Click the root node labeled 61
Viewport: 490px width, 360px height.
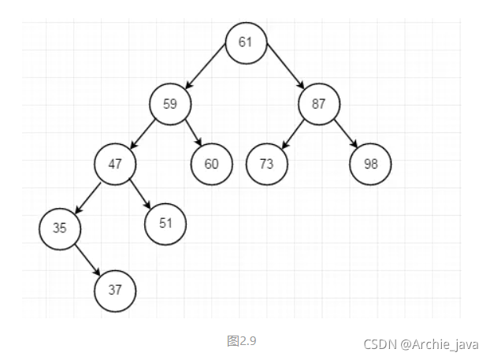coord(245,42)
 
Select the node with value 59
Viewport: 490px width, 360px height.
coord(170,104)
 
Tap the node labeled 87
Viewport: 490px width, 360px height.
coord(318,104)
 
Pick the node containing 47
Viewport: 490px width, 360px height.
coord(115,164)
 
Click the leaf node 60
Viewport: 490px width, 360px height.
coord(210,164)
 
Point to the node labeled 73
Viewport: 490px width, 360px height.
coord(266,164)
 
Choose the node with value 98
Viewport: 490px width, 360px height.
coord(370,164)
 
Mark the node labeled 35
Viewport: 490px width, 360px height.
coord(60,228)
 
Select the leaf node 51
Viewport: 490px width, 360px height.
coord(165,223)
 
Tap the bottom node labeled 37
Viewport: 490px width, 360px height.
coord(115,289)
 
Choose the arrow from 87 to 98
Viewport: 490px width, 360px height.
coord(344,132)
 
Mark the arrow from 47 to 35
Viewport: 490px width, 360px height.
coord(88,196)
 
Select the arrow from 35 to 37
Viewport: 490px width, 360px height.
coord(87,258)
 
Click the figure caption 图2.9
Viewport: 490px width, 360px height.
coord(242,341)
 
